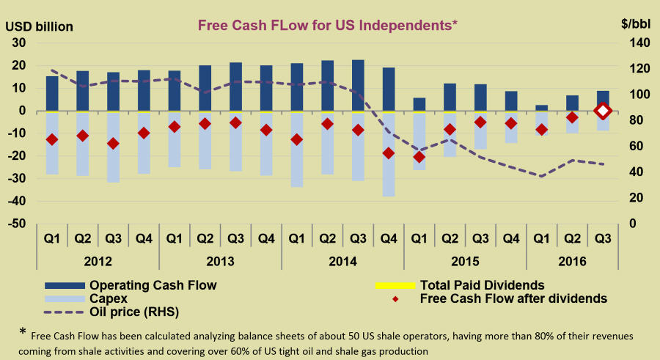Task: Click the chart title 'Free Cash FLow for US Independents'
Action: tap(328, 24)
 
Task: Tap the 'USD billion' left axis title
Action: tap(40, 26)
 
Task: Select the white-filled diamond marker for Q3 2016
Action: tap(603, 111)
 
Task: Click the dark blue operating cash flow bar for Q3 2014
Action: tap(358, 85)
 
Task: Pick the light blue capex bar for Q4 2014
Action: tap(388, 155)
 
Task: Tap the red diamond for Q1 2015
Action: tap(419, 157)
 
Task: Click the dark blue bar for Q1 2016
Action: tap(541, 108)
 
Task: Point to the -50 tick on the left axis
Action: tap(15, 224)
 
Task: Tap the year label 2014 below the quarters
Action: tap(342, 261)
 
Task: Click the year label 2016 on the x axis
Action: tap(572, 261)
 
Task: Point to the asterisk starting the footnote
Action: tap(23, 332)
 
